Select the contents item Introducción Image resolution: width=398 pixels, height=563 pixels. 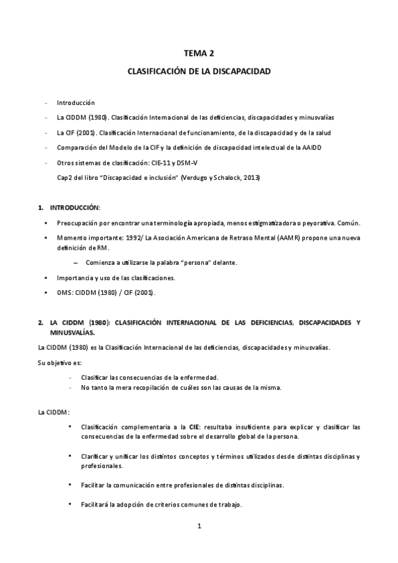coord(76,103)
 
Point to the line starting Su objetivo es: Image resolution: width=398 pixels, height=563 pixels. coord(58,362)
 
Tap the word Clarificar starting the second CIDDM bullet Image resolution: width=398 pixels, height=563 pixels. coord(94,457)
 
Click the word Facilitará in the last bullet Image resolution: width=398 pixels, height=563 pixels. coord(94,504)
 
